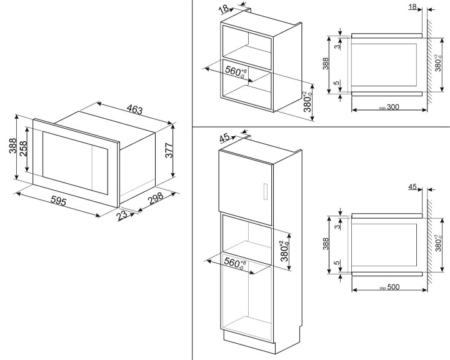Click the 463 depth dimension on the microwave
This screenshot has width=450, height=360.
(x=134, y=110)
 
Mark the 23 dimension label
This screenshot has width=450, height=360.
(x=122, y=214)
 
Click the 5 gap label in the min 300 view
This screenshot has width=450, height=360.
(x=337, y=83)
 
